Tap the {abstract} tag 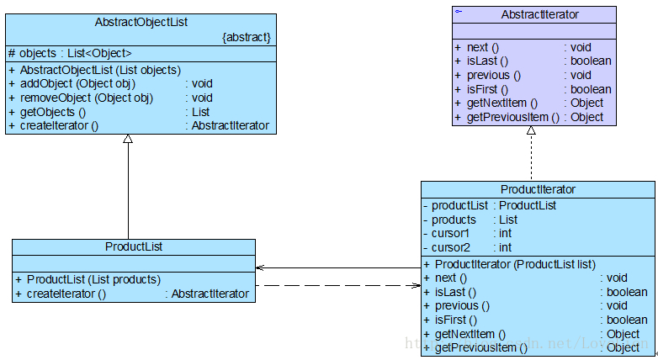[246, 38]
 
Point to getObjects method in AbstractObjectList [53, 112]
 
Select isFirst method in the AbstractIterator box [488, 89]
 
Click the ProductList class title [133, 246]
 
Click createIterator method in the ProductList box [66, 294]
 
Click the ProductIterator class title [538, 189]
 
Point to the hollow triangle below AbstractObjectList [128, 139]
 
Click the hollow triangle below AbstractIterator [532, 131]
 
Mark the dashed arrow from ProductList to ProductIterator [337, 286]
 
